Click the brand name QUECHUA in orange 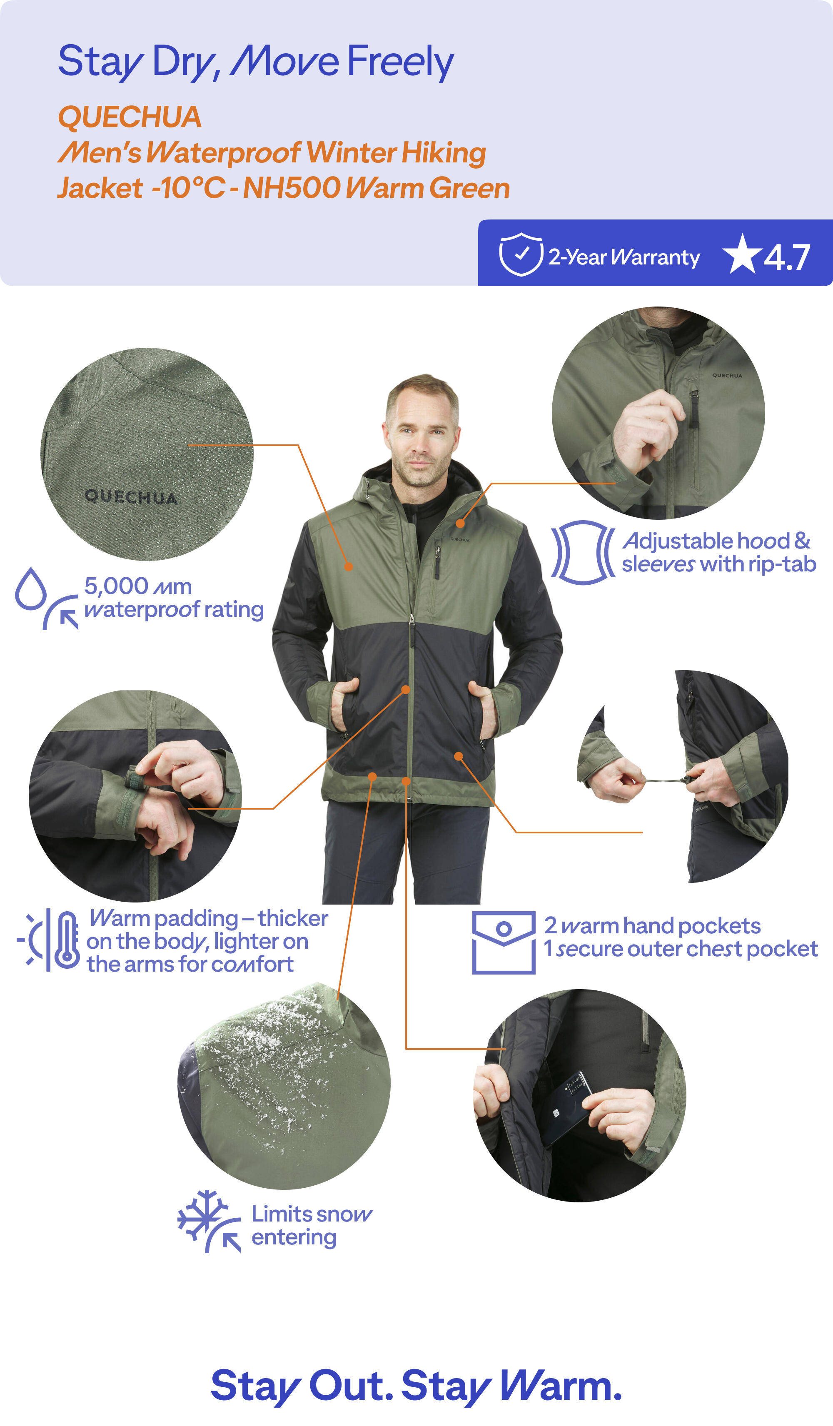130,117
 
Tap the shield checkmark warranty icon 521,254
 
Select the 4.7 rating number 787,257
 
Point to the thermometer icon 67,940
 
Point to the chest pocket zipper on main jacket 437,562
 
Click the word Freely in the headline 400,61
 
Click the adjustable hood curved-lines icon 583,552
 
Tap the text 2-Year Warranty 624,257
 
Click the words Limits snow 312,1214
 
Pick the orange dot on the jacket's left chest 460,524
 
